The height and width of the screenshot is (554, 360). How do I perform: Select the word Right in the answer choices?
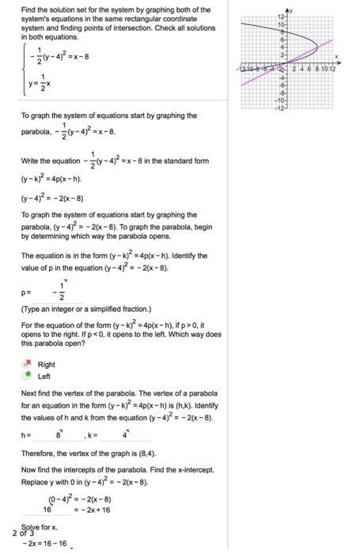coord(46,365)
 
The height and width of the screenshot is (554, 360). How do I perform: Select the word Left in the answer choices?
coord(44,377)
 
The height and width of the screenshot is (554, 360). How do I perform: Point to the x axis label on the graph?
coord(335,56)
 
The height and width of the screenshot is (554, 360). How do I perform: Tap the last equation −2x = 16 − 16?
coord(47,545)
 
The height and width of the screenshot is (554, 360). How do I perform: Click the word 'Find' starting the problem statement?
coord(28,9)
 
